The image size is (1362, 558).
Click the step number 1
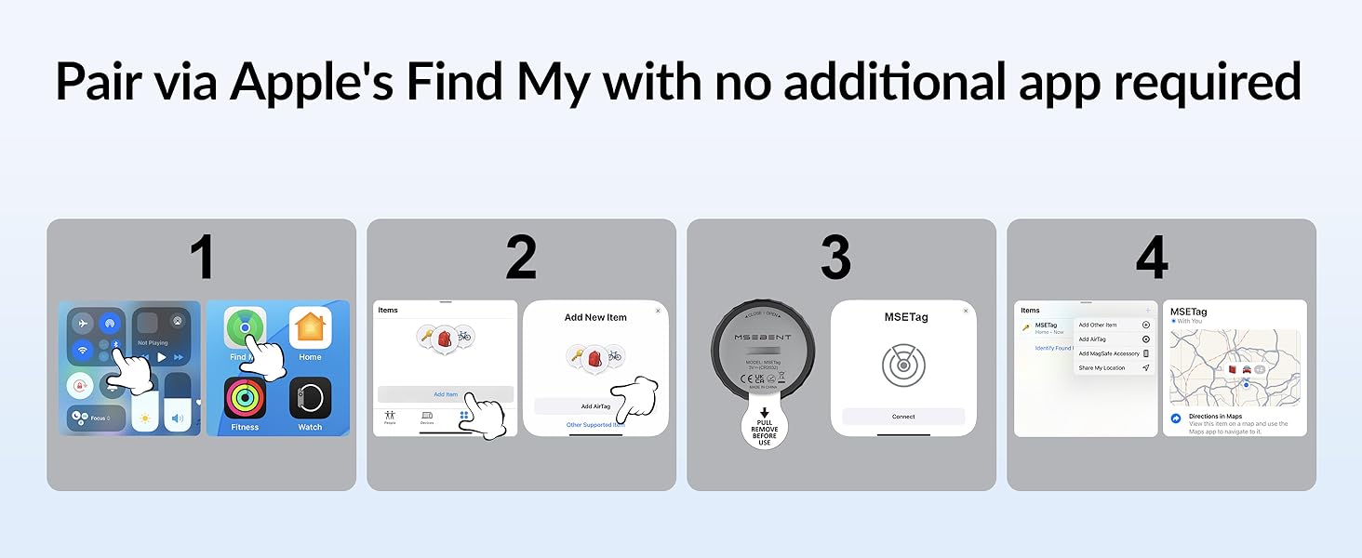(x=202, y=258)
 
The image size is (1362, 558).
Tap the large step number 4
(x=1152, y=258)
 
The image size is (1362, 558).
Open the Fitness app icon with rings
(x=245, y=398)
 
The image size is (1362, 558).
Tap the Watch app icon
(x=310, y=398)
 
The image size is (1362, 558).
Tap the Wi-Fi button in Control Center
(x=84, y=351)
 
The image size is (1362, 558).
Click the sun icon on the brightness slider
(x=144, y=419)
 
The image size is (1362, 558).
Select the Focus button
(x=96, y=418)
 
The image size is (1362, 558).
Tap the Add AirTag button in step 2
(x=595, y=406)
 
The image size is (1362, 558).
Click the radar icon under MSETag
(x=903, y=365)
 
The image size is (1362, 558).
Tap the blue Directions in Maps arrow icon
(x=1176, y=419)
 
